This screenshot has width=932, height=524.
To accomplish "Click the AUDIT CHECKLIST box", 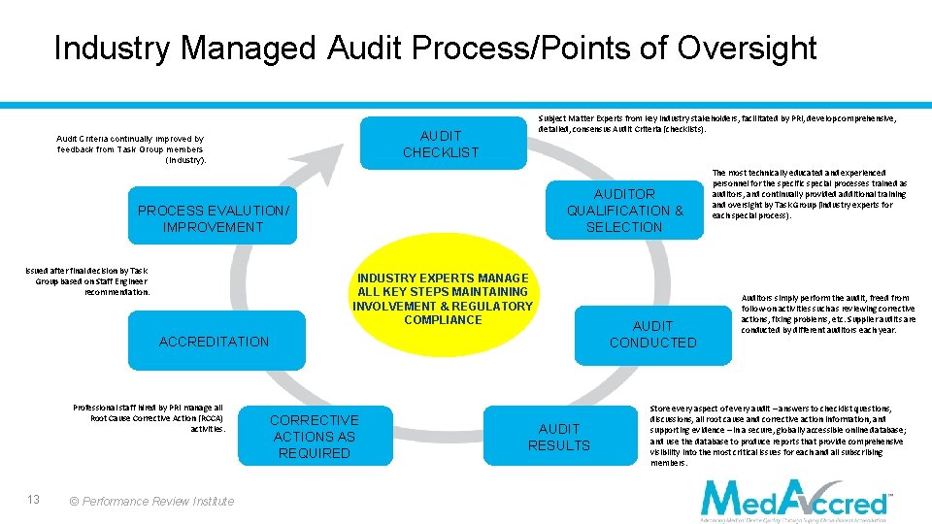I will click(x=441, y=144).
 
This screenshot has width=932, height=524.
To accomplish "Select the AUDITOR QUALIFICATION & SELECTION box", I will click(x=624, y=211).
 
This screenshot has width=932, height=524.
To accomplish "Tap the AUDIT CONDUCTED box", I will click(x=652, y=334).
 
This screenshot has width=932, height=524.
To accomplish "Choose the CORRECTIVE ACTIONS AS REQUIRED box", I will click(x=314, y=437).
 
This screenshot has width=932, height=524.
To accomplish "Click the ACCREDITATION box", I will click(x=214, y=342).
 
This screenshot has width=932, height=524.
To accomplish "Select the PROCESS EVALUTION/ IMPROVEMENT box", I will click(x=214, y=218).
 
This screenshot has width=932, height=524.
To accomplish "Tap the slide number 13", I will click(x=33, y=499).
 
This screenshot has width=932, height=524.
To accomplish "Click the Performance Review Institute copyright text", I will click(x=152, y=501).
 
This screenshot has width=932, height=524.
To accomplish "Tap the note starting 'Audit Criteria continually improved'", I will click(x=130, y=149).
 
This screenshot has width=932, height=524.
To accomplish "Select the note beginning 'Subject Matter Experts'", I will click(x=716, y=123).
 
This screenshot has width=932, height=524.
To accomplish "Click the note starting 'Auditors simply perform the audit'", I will click(x=827, y=314).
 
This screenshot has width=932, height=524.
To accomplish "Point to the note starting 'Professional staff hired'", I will click(x=150, y=418).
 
